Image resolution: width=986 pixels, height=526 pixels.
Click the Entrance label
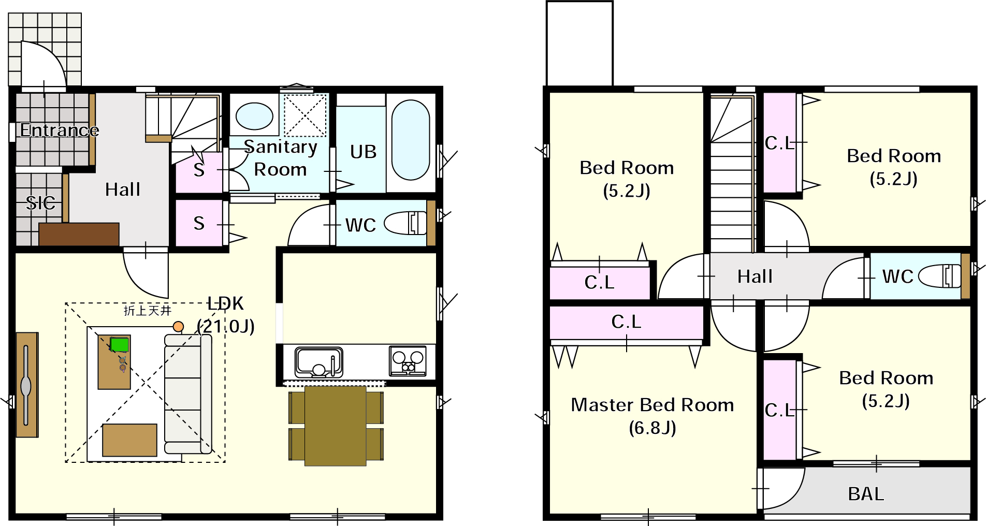[x=60, y=130]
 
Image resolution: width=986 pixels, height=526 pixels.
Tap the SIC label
[x=40, y=202]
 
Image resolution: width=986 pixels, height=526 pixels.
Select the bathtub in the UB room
[x=411, y=140]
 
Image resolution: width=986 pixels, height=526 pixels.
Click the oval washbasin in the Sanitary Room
[x=254, y=116]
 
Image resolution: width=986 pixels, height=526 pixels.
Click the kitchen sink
[x=319, y=361]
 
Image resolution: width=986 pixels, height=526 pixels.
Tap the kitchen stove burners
[x=408, y=360]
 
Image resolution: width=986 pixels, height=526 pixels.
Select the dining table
[x=336, y=426]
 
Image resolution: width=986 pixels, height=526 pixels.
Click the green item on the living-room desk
[x=120, y=344]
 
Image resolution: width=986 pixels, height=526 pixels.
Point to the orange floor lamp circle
[x=178, y=327]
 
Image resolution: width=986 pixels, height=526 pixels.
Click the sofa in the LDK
[x=188, y=394]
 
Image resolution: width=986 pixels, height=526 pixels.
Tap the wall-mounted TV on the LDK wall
[x=26, y=385]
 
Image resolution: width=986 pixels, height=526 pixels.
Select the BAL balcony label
[x=866, y=494]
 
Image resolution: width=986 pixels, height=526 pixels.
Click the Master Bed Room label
[x=653, y=404]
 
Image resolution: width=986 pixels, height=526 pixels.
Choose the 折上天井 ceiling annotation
[x=148, y=310]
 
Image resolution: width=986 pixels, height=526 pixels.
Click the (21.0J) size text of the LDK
[x=226, y=326]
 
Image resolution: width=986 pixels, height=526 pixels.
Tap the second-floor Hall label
[x=755, y=276]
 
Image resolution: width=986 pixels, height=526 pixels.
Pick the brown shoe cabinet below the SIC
[x=79, y=234]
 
